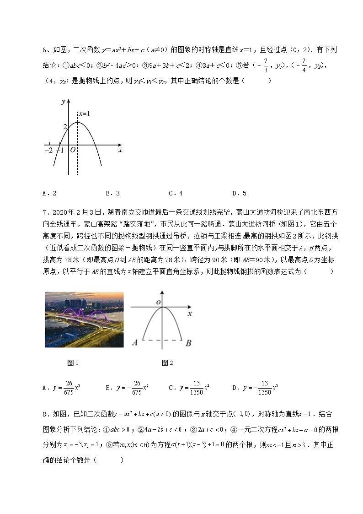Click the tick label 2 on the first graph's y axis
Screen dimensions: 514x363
(65, 126)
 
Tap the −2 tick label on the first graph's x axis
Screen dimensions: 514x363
(48, 150)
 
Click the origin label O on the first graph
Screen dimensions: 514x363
(72, 150)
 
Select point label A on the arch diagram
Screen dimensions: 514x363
(135, 342)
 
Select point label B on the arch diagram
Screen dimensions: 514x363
(188, 342)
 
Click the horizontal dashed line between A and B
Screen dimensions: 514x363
(162, 340)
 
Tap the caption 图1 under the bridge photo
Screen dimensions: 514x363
(73, 363)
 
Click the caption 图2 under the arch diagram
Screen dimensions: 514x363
(167, 363)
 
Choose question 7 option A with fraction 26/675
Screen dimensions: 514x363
(62, 388)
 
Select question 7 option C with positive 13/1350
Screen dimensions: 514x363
(189, 388)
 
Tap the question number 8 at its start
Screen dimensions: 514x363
(44, 414)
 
